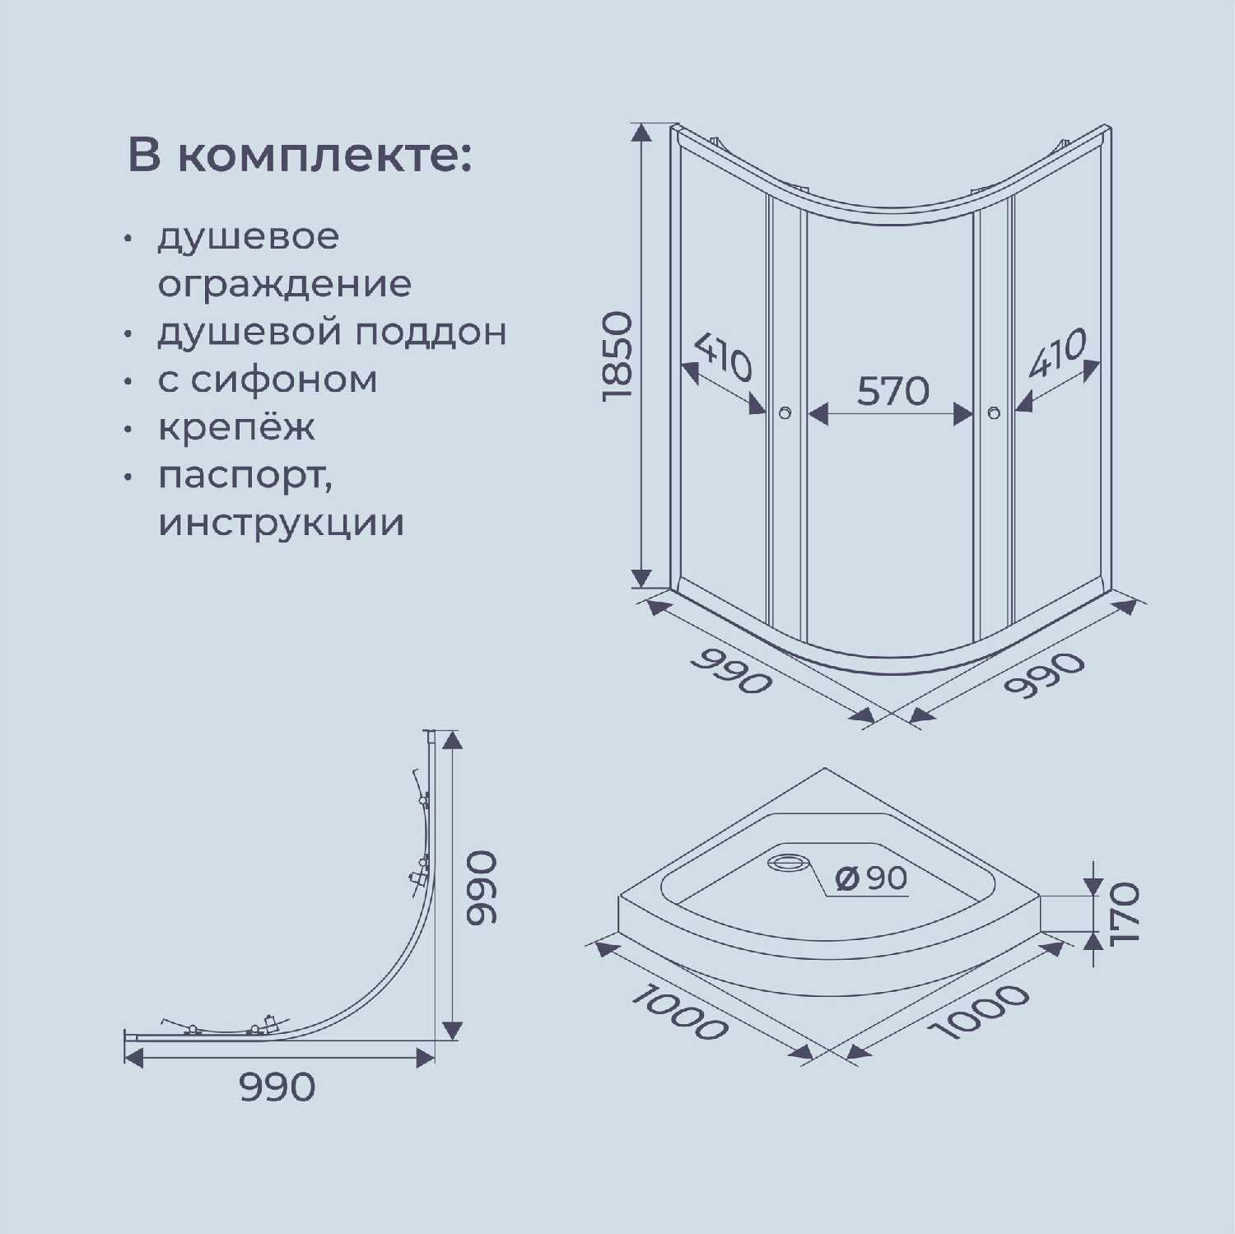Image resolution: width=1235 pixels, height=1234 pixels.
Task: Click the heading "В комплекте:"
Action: click(300, 156)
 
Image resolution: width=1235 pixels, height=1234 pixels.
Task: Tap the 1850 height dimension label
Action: click(617, 356)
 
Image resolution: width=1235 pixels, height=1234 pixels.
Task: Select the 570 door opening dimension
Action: click(892, 391)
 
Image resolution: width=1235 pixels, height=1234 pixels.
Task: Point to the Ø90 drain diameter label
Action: click(871, 878)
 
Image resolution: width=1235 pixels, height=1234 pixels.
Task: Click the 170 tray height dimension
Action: click(1124, 913)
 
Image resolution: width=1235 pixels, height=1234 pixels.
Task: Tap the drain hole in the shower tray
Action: click(789, 863)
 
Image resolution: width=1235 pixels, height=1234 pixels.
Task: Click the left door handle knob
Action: click(785, 412)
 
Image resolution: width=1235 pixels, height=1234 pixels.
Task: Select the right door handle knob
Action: click(994, 412)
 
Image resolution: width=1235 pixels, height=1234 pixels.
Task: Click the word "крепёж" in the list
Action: click(236, 428)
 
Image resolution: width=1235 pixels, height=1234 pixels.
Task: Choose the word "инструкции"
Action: click(281, 524)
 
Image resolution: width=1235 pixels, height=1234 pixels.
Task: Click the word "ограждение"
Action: click(284, 285)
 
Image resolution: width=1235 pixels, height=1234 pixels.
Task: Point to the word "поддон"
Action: click(431, 333)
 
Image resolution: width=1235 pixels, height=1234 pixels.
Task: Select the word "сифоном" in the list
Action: click(284, 380)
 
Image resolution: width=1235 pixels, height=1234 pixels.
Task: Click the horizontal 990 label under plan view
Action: click(277, 1087)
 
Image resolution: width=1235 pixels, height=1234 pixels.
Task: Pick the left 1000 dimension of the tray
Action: click(679, 1012)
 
